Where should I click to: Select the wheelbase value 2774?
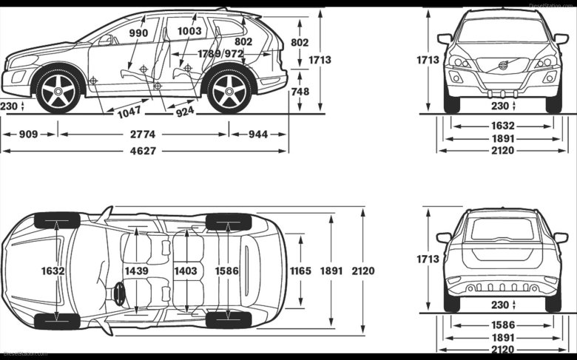144,135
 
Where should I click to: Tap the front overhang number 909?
29,135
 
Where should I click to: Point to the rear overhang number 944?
257,135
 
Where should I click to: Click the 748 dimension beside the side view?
300,92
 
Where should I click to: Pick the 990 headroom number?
138,33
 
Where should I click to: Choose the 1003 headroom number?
189,31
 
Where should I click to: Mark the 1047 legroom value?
129,112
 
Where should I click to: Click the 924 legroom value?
186,112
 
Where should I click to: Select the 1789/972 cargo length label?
220,54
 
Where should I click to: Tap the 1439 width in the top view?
137,271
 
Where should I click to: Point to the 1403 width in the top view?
186,271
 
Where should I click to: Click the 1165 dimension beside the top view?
300,271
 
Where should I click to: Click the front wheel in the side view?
58,91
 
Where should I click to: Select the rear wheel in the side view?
229,92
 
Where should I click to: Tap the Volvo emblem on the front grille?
503,66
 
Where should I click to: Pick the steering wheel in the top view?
119,293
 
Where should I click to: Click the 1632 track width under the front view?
503,126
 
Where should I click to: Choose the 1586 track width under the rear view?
503,325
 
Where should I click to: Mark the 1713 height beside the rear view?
428,259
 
